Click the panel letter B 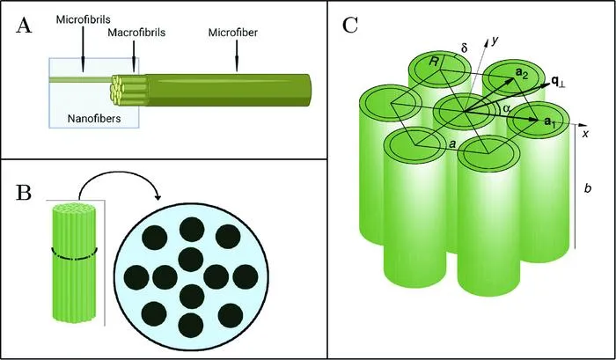coord(23,193)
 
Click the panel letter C coord(349,26)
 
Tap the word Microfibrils coord(84,19)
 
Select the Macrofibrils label coord(136,33)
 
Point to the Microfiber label coord(233,33)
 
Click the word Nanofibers coord(94,118)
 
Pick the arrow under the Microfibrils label coord(83,48)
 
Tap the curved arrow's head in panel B coord(158,196)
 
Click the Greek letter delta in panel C coord(464,48)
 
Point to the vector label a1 coord(550,121)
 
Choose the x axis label coord(585,134)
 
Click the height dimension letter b coord(588,188)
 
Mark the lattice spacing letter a coord(452,144)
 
